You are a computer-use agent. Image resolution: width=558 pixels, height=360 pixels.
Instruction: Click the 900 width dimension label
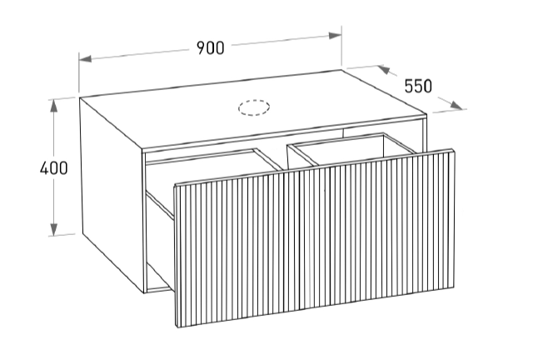pyautogui.click(x=211, y=48)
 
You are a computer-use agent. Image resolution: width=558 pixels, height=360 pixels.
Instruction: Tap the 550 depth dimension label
pyautogui.click(x=418, y=86)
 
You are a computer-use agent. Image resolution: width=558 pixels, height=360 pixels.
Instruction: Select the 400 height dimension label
pyautogui.click(x=54, y=168)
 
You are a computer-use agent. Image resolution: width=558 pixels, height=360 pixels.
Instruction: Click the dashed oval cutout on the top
pyautogui.click(x=254, y=107)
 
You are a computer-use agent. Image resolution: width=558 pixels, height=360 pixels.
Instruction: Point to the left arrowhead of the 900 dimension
pyautogui.click(x=85, y=58)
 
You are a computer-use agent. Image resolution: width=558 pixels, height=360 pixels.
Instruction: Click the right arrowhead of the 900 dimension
pyautogui.click(x=336, y=36)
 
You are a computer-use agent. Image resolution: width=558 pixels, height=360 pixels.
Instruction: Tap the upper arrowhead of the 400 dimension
pyautogui.click(x=54, y=106)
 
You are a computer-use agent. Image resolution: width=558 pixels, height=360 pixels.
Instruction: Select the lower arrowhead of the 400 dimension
pyautogui.click(x=54, y=229)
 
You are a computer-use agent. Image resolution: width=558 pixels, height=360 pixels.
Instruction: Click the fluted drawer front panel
pyautogui.click(x=315, y=237)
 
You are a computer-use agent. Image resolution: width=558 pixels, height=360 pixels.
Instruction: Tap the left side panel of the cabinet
pyautogui.click(x=112, y=194)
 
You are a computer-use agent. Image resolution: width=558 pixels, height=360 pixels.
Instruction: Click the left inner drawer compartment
pyautogui.click(x=213, y=167)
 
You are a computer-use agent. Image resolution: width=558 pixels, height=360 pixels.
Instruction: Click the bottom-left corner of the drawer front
pyautogui.click(x=177, y=327)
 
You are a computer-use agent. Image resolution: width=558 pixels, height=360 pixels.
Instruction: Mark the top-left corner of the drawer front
pyautogui.click(x=174, y=185)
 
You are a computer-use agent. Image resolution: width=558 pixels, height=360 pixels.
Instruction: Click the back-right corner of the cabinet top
pyautogui.click(x=341, y=70)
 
